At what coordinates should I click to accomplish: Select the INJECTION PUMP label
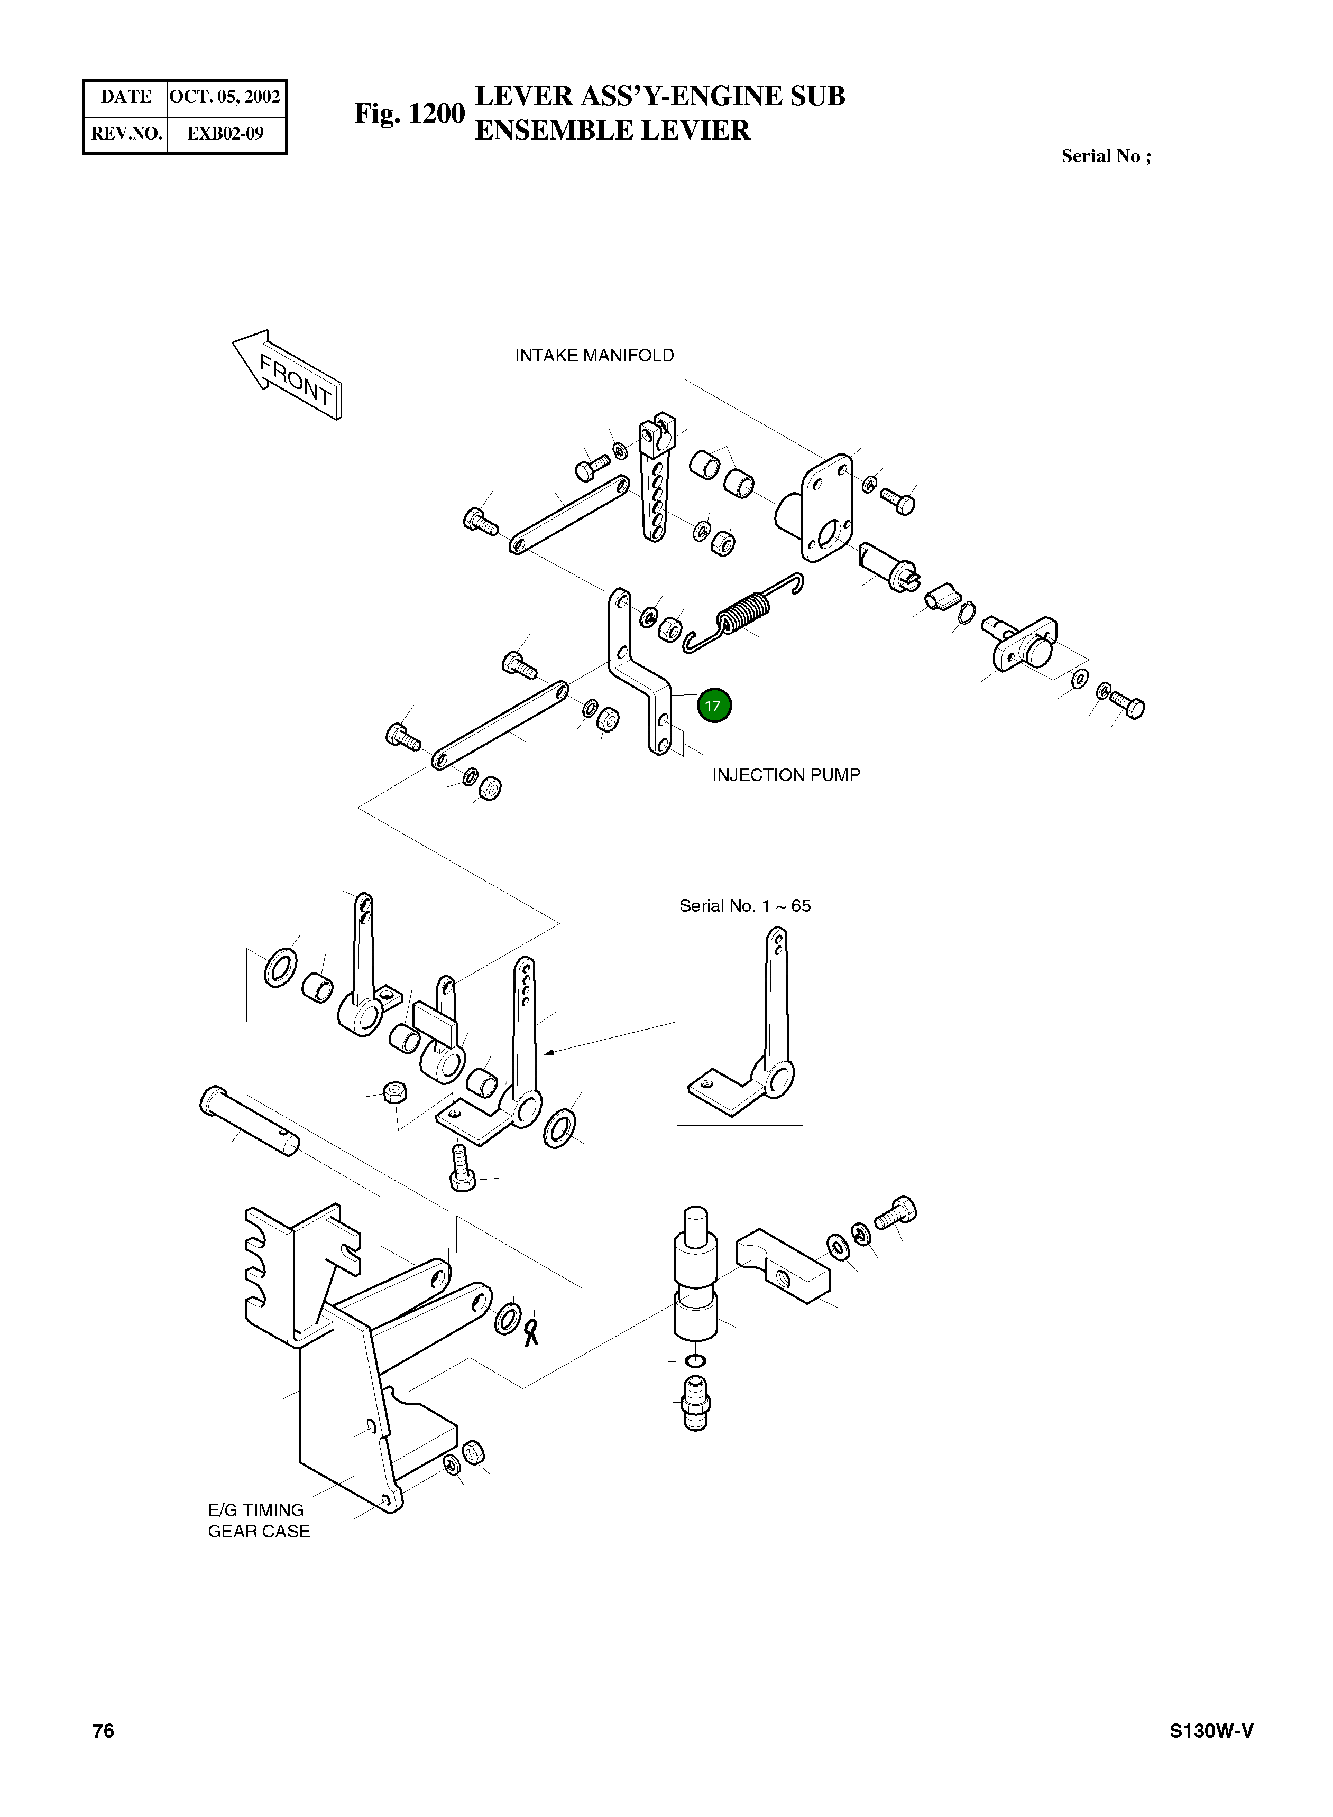click(x=786, y=775)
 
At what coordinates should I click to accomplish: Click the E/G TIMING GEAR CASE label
click(x=258, y=1520)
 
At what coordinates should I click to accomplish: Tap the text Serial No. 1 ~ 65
click(x=745, y=906)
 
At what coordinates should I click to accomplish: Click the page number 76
click(x=103, y=1731)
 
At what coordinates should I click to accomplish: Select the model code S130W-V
click(x=1211, y=1731)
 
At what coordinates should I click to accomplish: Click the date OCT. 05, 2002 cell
click(x=225, y=97)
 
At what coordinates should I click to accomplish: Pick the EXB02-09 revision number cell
click(x=225, y=134)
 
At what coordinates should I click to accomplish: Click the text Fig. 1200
click(x=409, y=114)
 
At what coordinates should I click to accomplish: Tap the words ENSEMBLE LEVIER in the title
click(x=612, y=131)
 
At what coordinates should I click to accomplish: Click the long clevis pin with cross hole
click(x=249, y=1121)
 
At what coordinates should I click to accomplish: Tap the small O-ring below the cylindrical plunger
click(x=695, y=1361)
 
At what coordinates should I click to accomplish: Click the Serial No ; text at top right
click(x=1106, y=156)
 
